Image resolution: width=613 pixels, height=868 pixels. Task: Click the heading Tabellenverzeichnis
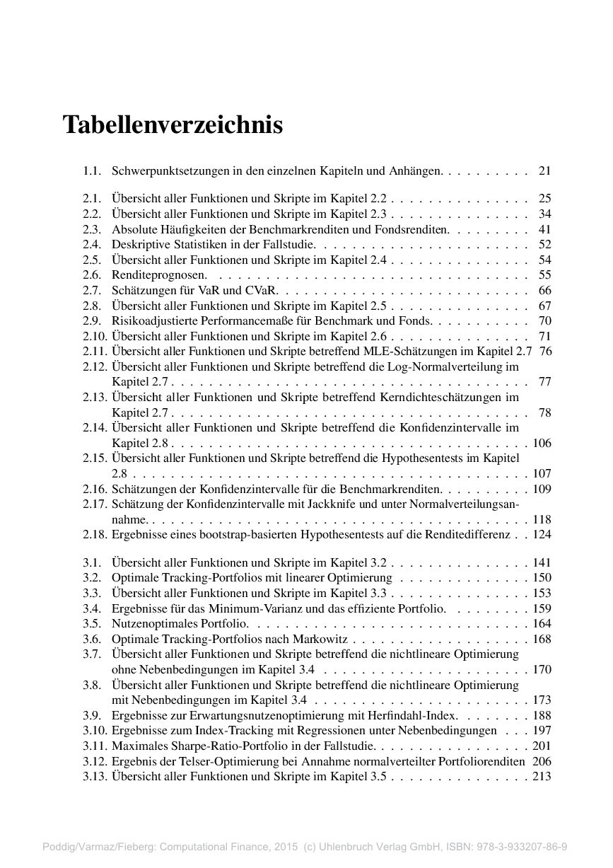(173, 125)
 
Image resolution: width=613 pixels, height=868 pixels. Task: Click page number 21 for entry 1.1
(544, 170)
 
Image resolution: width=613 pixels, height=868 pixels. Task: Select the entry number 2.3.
(92, 229)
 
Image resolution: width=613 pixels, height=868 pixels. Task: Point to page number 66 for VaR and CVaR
(544, 291)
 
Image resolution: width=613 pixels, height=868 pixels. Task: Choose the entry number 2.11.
(95, 352)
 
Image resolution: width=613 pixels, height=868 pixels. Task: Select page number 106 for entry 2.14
(542, 444)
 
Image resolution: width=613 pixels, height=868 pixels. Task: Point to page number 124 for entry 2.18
(542, 535)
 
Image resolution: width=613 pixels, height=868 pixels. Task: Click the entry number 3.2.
(92, 578)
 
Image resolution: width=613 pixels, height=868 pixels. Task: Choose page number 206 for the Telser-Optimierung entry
(542, 761)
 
